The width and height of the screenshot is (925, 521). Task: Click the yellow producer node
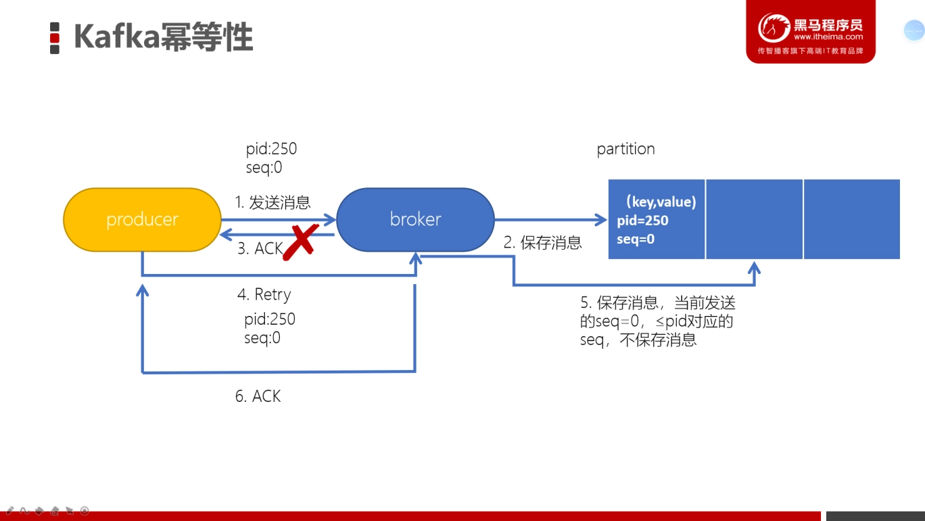142,219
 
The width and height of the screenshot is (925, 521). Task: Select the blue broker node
415,219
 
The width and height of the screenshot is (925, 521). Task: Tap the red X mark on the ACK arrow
301,242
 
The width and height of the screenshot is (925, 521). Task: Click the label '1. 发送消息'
272,202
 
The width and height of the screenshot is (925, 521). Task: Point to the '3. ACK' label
260,248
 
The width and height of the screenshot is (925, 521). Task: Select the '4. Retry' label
264,294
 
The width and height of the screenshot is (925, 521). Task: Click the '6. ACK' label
258,397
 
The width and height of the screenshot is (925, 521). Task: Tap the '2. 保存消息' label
542,242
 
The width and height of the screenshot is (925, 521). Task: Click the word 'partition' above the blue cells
625,149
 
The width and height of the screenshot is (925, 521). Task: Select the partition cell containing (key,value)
657,219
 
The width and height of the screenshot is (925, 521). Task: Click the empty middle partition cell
755,219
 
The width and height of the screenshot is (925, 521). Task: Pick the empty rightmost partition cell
852,219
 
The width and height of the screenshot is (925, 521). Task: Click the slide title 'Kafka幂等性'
164,37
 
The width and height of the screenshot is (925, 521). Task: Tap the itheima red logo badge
811,31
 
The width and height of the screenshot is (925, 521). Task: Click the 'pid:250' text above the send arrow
271,149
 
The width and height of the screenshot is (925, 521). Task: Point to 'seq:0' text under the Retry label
262,338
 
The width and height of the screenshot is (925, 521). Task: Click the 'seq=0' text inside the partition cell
636,240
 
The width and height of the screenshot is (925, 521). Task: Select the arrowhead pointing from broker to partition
601,219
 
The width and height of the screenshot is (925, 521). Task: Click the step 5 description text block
658,321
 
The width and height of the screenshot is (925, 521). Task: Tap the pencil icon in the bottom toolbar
10,511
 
